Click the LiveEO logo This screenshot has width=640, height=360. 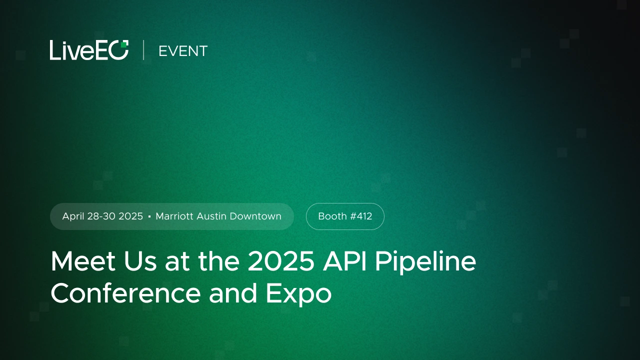pyautogui.click(x=89, y=50)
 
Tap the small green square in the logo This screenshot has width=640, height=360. pyautogui.click(x=123, y=44)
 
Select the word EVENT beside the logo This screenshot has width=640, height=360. pyautogui.click(x=182, y=51)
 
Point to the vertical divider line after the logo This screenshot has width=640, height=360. pyautogui.click(x=143, y=50)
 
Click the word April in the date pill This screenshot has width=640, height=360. pyautogui.click(x=73, y=216)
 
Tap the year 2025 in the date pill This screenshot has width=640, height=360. pyautogui.click(x=131, y=216)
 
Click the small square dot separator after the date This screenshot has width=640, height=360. pyautogui.click(x=149, y=217)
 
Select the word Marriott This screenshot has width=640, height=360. pyautogui.click(x=174, y=216)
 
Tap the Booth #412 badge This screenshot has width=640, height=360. pyautogui.click(x=345, y=216)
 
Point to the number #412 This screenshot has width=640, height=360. pyautogui.click(x=361, y=216)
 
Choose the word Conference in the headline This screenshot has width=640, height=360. pyautogui.click(x=125, y=293)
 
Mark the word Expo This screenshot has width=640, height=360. pyautogui.click(x=298, y=294)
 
